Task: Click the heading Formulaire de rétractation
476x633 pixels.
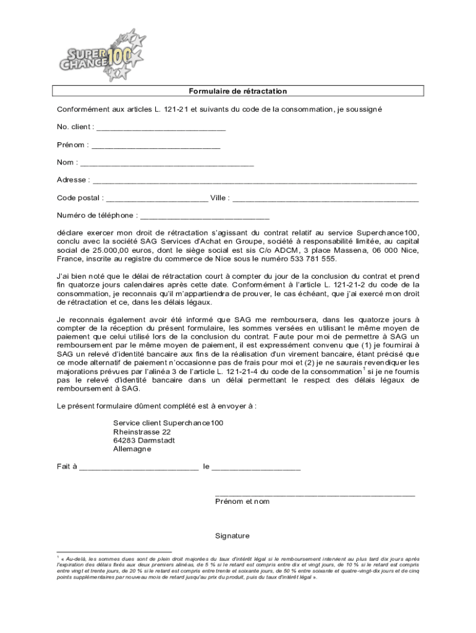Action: (x=238, y=91)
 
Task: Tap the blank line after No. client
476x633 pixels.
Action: (x=161, y=129)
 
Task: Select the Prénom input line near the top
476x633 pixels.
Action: (x=155, y=147)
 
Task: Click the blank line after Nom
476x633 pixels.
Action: (x=167, y=164)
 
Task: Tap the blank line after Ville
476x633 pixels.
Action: (x=325, y=200)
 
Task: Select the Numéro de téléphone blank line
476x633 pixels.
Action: (x=205, y=217)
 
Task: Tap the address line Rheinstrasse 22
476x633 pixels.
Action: (x=142, y=431)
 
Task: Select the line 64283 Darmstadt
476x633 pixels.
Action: (x=144, y=440)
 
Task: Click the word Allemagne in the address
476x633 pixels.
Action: (x=132, y=449)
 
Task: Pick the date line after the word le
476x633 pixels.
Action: (x=257, y=468)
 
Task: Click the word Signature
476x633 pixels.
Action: (x=232, y=536)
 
